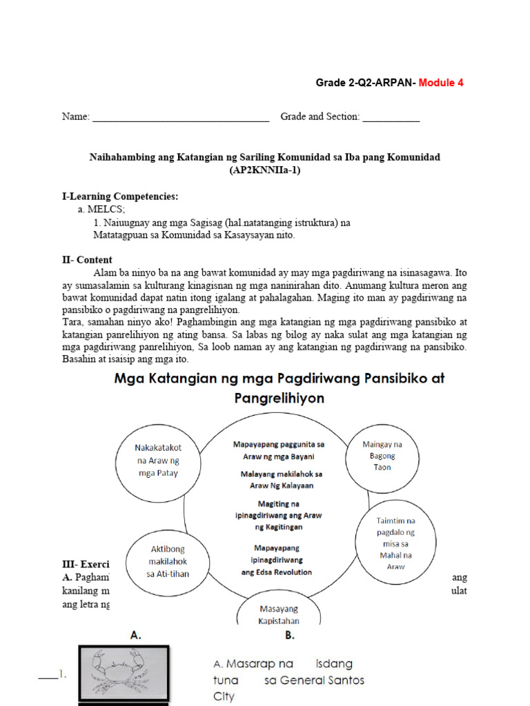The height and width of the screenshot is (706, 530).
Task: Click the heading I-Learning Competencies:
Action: pos(120,196)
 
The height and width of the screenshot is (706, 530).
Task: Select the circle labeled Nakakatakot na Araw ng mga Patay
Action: pos(157,460)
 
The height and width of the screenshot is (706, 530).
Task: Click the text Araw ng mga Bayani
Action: pos(278,456)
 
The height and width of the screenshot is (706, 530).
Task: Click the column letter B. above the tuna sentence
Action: pos(290,636)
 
